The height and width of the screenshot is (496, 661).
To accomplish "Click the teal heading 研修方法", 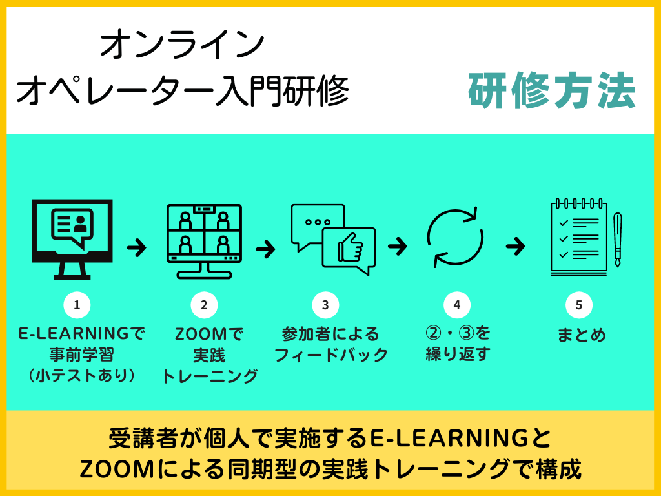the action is [553, 90].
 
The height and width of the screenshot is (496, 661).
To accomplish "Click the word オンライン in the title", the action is [182, 45].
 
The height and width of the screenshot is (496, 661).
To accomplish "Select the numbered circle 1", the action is [77, 305].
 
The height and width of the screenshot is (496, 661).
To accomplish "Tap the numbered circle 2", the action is [204, 305].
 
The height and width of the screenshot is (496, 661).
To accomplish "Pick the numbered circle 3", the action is [325, 305].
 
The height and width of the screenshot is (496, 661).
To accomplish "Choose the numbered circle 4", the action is [457, 305].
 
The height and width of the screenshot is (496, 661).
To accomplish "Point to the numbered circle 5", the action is [579, 305].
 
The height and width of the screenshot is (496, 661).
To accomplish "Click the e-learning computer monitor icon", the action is [72, 239].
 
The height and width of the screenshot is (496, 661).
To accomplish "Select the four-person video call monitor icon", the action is [204, 242].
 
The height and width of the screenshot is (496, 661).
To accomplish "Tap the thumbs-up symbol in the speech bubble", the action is [351, 247].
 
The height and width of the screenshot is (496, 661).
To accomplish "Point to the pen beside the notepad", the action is [617, 240].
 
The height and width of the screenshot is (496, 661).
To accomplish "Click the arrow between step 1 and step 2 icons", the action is [137, 247].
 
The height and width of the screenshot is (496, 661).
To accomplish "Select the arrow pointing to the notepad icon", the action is [515, 246].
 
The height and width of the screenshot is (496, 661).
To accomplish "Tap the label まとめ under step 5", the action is [582, 335].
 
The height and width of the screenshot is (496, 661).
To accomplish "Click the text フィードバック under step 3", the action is [331, 355].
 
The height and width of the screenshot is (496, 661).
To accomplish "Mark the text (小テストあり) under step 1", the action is [81, 375].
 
